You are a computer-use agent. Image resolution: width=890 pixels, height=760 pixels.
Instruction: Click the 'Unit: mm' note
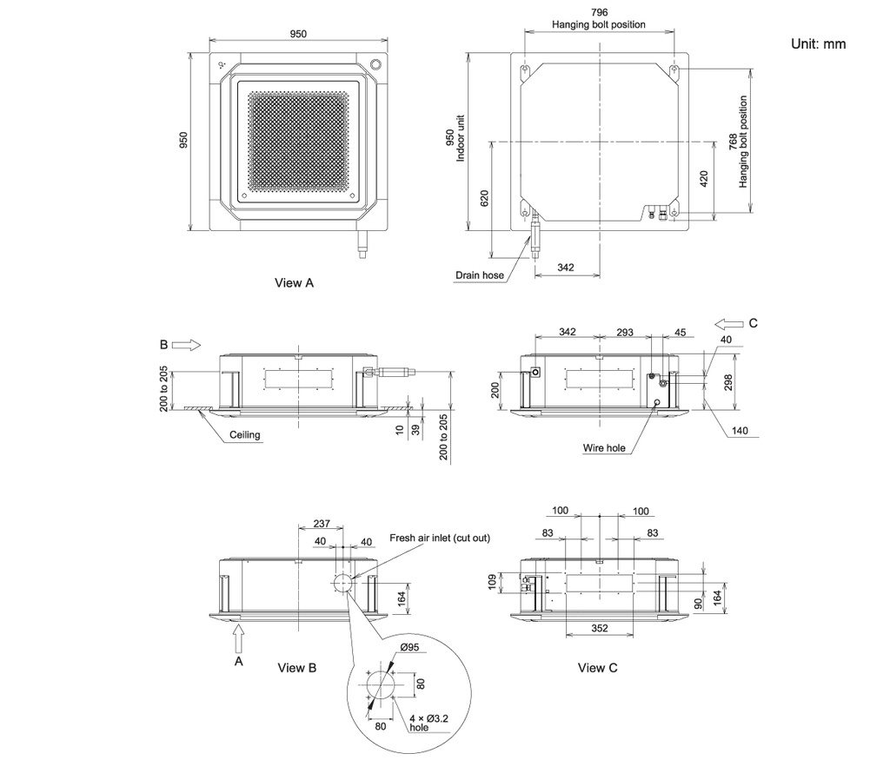(818, 43)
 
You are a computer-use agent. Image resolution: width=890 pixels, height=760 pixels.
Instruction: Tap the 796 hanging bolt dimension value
(599, 12)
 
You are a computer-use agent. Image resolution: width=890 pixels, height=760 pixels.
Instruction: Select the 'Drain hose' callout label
(480, 275)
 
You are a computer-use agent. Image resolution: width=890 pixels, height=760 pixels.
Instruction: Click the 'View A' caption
(294, 282)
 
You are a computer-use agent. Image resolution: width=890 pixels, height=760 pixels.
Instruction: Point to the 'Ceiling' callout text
(244, 435)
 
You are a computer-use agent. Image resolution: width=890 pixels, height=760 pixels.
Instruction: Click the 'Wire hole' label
(604, 448)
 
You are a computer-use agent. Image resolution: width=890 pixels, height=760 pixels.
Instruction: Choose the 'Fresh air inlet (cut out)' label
(440, 538)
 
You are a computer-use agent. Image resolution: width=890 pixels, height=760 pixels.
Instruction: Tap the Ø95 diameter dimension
(409, 647)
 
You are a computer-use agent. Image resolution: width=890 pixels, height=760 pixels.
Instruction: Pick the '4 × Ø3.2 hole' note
(428, 723)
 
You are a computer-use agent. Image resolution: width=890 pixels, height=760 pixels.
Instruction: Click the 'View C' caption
(597, 668)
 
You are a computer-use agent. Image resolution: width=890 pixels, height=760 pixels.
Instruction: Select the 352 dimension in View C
(600, 628)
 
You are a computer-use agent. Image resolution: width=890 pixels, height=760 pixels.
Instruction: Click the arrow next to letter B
(186, 345)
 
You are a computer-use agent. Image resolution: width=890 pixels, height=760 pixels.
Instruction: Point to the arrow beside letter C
(729, 324)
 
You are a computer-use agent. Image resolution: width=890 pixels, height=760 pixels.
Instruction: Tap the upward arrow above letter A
(239, 638)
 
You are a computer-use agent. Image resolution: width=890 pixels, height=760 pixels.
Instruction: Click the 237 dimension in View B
(322, 524)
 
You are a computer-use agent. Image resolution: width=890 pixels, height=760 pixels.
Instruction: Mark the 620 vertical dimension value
(484, 198)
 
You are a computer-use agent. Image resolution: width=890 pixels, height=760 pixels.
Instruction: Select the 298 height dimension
(728, 382)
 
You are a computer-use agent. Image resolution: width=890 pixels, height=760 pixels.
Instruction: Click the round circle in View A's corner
(375, 63)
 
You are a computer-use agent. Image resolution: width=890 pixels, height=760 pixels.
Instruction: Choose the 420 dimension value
(704, 179)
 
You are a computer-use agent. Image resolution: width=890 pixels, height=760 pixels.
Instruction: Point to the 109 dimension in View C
(492, 582)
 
